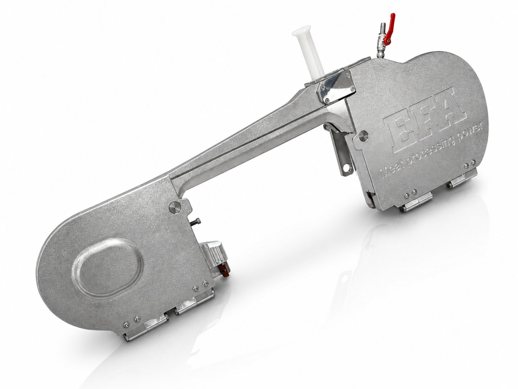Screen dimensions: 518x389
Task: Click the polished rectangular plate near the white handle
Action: tap(336, 89)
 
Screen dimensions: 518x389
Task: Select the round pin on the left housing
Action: tap(175, 207)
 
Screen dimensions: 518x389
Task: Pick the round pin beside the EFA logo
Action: tap(363, 136)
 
